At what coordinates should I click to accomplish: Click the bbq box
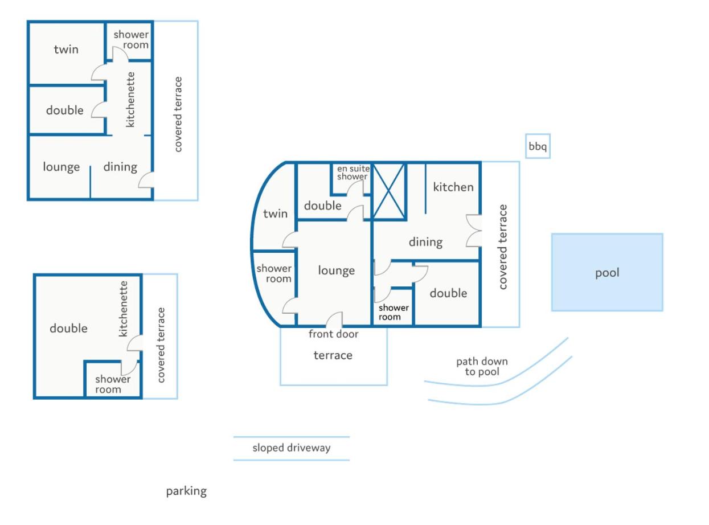(x=538, y=146)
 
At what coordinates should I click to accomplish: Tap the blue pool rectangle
(x=606, y=272)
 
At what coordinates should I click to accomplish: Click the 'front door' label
(x=333, y=334)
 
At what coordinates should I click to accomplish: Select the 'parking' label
(x=186, y=491)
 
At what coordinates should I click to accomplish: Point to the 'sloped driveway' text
(x=291, y=448)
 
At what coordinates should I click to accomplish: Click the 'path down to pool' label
(x=482, y=366)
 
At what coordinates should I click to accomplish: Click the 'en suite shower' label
(x=353, y=173)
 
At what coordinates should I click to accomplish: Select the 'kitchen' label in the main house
(x=453, y=187)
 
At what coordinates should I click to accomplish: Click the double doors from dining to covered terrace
(x=474, y=231)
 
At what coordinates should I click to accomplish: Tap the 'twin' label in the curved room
(x=275, y=214)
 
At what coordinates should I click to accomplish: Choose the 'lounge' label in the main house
(x=336, y=270)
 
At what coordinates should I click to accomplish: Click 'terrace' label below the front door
(x=333, y=355)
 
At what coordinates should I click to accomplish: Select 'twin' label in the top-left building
(x=66, y=49)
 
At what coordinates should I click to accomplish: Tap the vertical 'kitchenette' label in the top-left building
(x=130, y=100)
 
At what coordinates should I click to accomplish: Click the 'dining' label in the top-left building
(x=120, y=167)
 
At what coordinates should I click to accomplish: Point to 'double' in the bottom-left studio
(x=68, y=328)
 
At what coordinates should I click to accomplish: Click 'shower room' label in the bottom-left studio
(x=113, y=384)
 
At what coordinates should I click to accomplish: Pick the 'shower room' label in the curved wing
(x=273, y=273)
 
